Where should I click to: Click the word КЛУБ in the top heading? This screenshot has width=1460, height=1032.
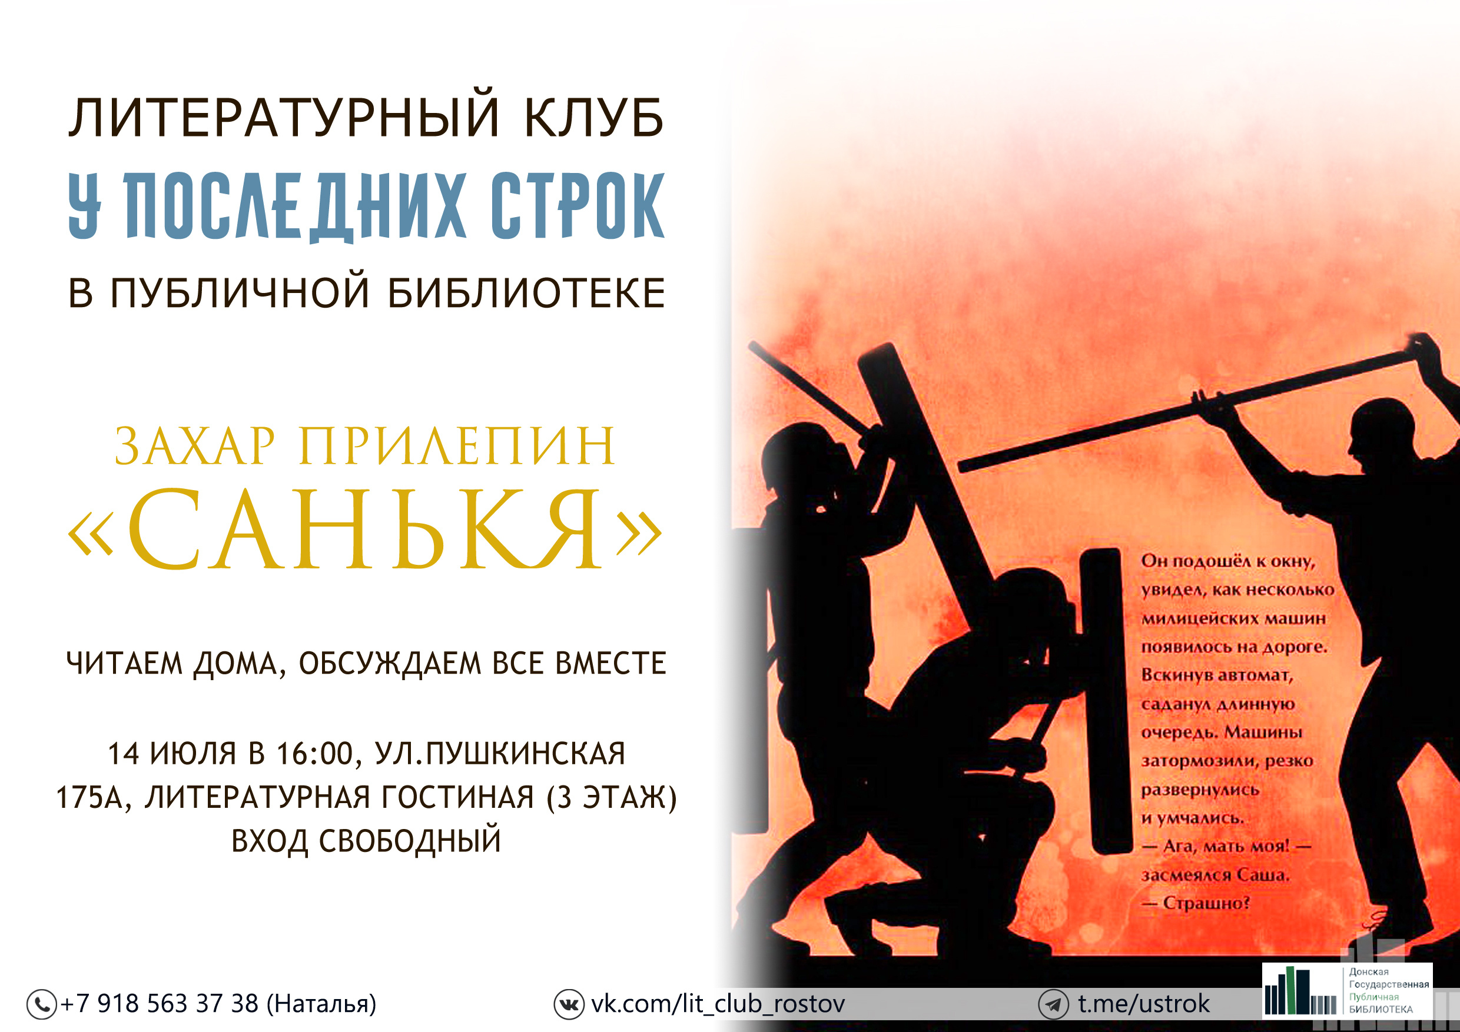coord(594,118)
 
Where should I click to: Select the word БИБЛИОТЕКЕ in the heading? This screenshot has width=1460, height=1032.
coord(526,293)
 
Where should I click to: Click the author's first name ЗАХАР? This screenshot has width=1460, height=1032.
coord(195,447)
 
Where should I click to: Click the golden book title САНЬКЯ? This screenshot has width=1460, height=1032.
coord(365,529)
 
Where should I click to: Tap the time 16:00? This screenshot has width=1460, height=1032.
coord(315,754)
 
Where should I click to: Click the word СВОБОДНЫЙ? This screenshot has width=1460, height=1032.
coord(410,841)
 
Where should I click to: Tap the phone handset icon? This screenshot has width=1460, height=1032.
coord(42,1005)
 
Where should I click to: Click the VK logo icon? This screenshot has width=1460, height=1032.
coord(569,1005)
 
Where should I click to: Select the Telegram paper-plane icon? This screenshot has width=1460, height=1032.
coord(1054,1005)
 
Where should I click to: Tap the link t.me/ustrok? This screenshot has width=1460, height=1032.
coord(1144,1004)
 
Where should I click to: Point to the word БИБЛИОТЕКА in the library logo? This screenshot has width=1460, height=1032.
coord(1381,1010)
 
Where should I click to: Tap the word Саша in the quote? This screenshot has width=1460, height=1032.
coord(1262,875)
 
